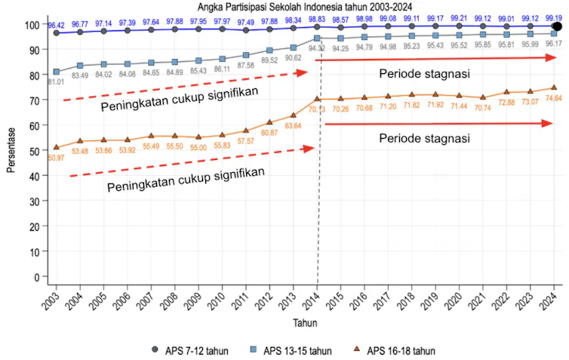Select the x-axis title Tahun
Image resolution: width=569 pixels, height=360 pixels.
tap(305, 322)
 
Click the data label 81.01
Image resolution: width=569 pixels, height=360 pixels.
tap(56, 82)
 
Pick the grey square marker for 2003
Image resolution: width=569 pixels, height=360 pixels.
tap(57, 72)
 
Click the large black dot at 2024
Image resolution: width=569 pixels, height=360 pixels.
tap(557, 26)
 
